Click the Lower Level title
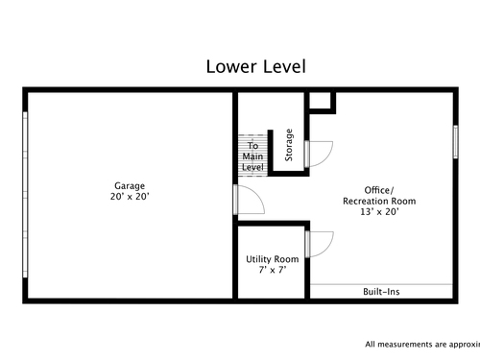[256, 66]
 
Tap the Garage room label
[130, 186]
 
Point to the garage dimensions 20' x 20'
[130, 197]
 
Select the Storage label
[289, 145]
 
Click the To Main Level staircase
[252, 156]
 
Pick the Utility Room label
[273, 259]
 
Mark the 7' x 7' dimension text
[273, 270]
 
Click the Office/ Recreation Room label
[379, 196]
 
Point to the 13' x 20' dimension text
[379, 211]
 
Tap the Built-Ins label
[381, 292]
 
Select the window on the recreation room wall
[456, 142]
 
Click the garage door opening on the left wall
[25, 195]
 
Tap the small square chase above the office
[321, 101]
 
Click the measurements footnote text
[422, 345]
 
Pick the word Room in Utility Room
[286, 259]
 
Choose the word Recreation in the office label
[365, 201]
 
